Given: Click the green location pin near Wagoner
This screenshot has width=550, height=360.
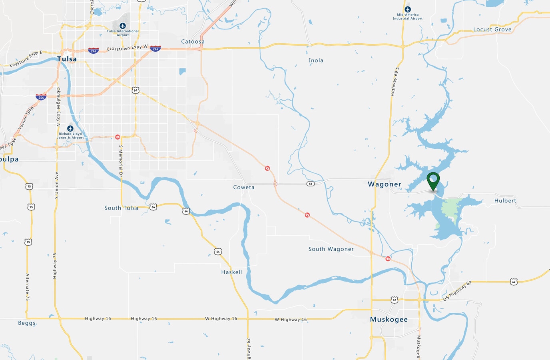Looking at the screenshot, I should pyautogui.click(x=433, y=181).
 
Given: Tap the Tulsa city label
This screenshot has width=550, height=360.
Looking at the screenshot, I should pyautogui.click(x=67, y=59).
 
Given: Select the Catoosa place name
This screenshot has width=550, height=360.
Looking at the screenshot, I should pyautogui.click(x=193, y=42).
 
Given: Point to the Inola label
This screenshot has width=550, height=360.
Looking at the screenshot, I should pyautogui.click(x=316, y=60).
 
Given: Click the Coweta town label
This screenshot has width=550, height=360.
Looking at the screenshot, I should pyautogui.click(x=244, y=187).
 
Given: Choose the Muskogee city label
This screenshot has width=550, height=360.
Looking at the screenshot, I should pyautogui.click(x=389, y=319).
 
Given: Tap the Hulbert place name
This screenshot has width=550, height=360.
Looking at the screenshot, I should pyautogui.click(x=505, y=201).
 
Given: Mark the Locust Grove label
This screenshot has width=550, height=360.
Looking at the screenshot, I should pyautogui.click(x=492, y=30).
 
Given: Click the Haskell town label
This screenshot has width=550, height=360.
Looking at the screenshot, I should pyautogui.click(x=231, y=272).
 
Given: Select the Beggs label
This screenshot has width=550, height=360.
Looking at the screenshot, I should pyautogui.click(x=27, y=323).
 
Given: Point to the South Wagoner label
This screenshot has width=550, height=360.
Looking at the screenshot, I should pyautogui.click(x=331, y=249).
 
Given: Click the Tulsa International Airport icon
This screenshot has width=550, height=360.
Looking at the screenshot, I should pyautogui.click(x=123, y=26).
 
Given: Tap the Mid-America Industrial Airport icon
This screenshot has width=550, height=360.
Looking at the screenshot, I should pyautogui.click(x=407, y=9).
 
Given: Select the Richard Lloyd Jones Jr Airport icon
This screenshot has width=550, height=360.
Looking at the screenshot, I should pyautogui.click(x=70, y=128).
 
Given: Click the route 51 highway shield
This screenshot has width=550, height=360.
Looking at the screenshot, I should pyautogui.click(x=311, y=184).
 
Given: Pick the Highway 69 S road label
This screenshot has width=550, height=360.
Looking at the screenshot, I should pyautogui.click(x=394, y=82).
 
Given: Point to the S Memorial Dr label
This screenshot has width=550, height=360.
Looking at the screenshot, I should pyautogui.click(x=121, y=160).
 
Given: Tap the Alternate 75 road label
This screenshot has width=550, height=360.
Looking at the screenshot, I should pyautogui.click(x=28, y=287).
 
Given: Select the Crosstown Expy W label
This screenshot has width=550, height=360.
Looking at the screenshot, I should pyautogui.click(x=127, y=48).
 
